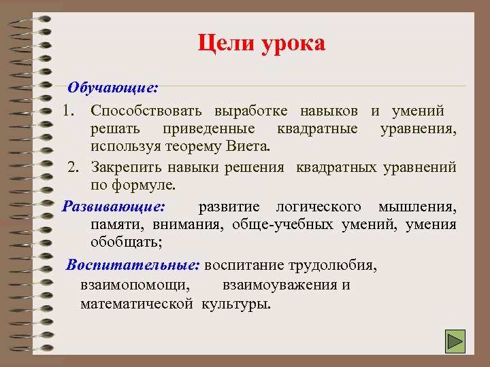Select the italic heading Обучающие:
[113, 88]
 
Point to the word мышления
[417, 206]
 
